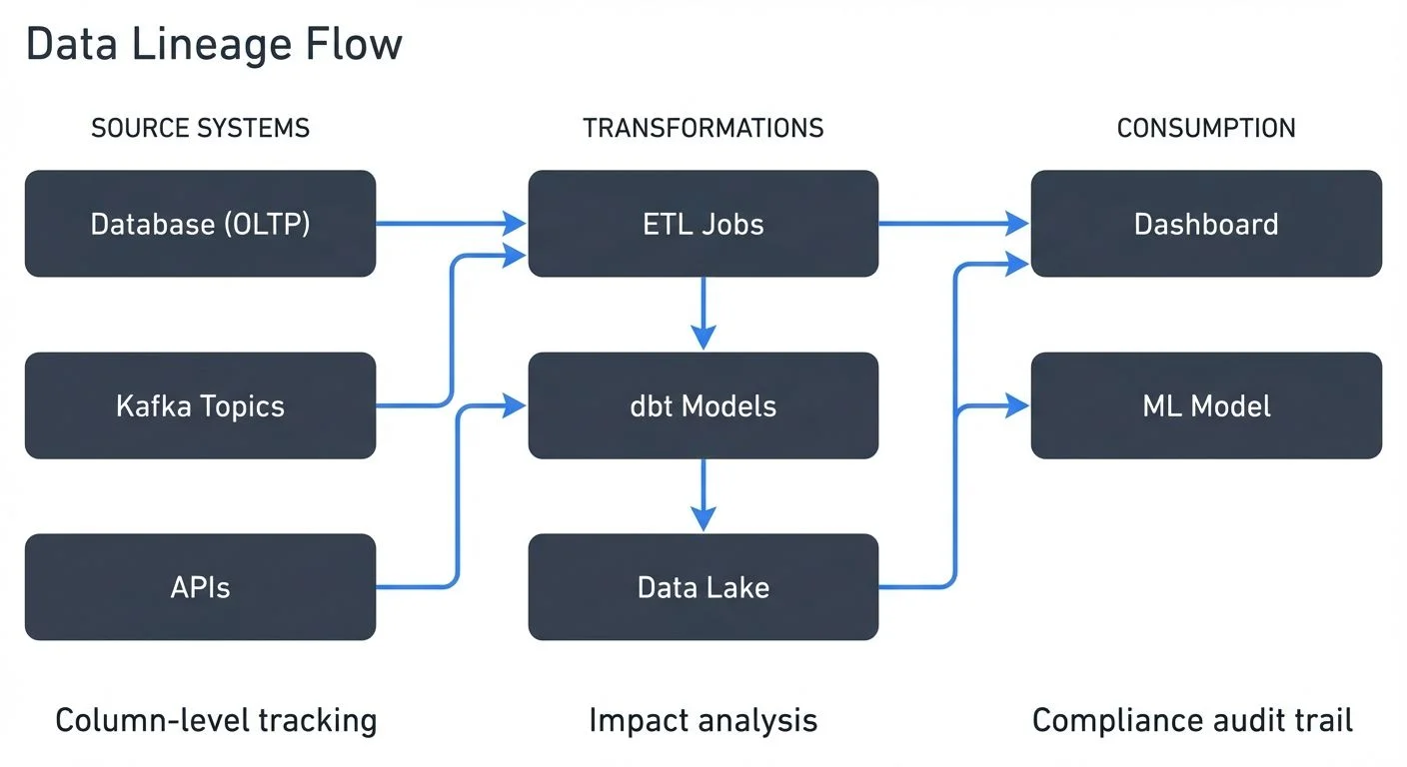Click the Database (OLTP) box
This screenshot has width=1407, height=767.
pyautogui.click(x=200, y=224)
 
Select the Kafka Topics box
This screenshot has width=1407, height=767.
pyautogui.click(x=200, y=405)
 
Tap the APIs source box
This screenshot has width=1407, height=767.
pyautogui.click(x=200, y=587)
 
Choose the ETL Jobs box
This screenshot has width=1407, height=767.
pyautogui.click(x=703, y=224)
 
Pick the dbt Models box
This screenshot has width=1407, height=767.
pyautogui.click(x=703, y=405)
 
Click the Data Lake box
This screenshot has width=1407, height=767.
pyautogui.click(x=703, y=587)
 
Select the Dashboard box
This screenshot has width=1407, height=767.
pyautogui.click(x=1206, y=224)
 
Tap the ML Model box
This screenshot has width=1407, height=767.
pyautogui.click(x=1206, y=405)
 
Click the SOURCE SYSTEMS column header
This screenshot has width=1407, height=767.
pyautogui.click(x=200, y=129)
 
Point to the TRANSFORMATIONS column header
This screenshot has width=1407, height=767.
pyautogui.click(x=703, y=129)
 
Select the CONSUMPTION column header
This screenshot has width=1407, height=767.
pyautogui.click(x=1206, y=129)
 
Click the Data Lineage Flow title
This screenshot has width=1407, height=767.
pyautogui.click(x=214, y=45)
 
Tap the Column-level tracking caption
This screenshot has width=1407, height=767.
pyautogui.click(x=216, y=720)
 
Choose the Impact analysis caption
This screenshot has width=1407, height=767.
pyautogui.click(x=703, y=720)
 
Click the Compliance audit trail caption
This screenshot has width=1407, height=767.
pyautogui.click(x=1192, y=720)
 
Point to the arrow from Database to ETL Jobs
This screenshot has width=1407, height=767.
pyautogui.click(x=450, y=224)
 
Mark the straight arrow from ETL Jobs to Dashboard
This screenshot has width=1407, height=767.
pyautogui.click(x=953, y=224)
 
